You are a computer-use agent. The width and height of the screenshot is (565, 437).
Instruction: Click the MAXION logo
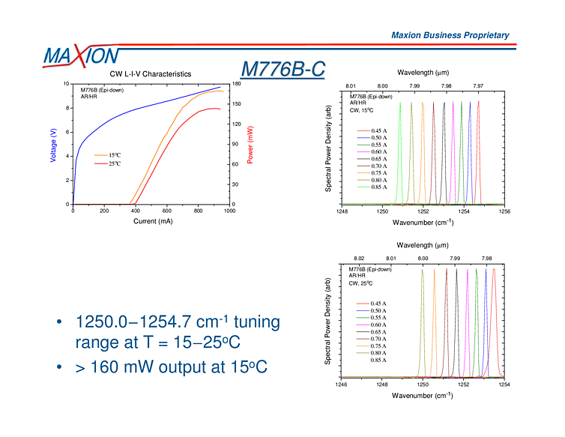point(80,56)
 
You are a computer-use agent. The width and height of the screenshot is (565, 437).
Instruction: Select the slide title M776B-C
point(282,69)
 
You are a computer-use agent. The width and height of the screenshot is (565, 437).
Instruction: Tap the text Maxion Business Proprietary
point(450,35)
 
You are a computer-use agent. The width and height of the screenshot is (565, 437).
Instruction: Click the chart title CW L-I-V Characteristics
point(151,73)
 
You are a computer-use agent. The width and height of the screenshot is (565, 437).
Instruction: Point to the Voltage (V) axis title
point(53,145)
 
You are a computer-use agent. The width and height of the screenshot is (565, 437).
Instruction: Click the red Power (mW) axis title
point(250,145)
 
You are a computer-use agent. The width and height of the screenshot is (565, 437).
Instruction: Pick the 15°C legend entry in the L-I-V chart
point(109,155)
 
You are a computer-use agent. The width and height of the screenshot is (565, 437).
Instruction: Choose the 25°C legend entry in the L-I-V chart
point(109,163)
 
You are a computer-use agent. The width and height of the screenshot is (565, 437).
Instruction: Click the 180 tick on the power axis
point(237,84)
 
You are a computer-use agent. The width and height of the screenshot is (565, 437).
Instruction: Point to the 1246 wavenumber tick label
point(342,384)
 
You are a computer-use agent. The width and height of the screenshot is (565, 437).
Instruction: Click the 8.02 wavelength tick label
point(359,259)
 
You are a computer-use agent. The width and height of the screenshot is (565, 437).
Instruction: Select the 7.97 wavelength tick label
point(478,86)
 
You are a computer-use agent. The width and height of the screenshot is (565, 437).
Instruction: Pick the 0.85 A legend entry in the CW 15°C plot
point(378,187)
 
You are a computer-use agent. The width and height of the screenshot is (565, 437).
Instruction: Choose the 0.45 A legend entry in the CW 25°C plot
point(378,303)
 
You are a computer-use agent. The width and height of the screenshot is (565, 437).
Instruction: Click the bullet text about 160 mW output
point(170,367)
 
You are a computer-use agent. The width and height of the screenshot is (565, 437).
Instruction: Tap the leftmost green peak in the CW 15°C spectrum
point(401,150)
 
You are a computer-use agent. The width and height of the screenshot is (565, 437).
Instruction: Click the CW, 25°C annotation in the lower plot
point(361,283)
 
